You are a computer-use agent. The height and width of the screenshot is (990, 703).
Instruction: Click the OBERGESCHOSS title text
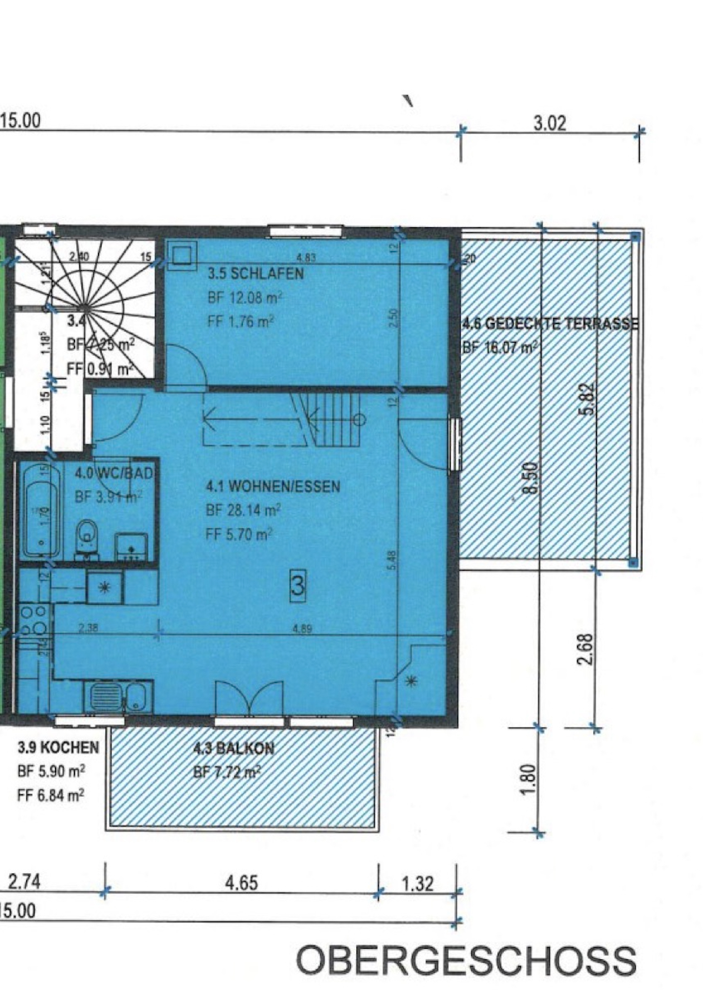(466, 959)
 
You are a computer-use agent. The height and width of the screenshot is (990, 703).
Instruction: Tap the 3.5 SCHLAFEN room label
(256, 273)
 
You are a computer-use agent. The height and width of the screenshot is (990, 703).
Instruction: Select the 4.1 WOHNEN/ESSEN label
(272, 486)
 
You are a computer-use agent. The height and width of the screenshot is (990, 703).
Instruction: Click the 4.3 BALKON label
(233, 748)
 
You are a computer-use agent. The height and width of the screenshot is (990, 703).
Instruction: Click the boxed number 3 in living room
(298, 585)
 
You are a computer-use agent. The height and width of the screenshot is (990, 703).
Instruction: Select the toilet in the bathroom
(87, 537)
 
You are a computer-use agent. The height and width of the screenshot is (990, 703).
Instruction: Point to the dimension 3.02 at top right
(549, 123)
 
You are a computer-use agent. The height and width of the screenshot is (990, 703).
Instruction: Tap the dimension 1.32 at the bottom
(417, 884)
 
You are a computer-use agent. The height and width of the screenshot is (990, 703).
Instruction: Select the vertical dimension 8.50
(531, 478)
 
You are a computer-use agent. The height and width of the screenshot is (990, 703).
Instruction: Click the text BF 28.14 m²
(243, 510)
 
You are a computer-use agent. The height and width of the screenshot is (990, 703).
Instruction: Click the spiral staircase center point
(85, 307)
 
